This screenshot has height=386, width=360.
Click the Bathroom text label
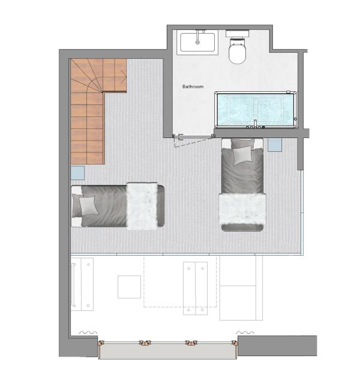pyautogui.click(x=193, y=86)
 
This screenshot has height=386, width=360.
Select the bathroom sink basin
pyautogui.click(x=197, y=42)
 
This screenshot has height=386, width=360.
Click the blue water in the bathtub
pyautogui.click(x=255, y=109)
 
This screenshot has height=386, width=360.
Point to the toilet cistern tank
pyautogui.click(x=238, y=34)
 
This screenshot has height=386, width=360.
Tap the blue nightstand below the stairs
pyautogui.click(x=77, y=173)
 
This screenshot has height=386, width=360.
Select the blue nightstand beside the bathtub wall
pyautogui.click(x=275, y=145)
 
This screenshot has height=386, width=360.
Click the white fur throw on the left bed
pyautogui.click(x=142, y=206)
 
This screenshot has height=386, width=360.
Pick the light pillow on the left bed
pyautogui.click(x=88, y=206)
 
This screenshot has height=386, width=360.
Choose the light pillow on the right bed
pyautogui.click(x=243, y=155)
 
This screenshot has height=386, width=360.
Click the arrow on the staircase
pyautogui.click(x=124, y=77)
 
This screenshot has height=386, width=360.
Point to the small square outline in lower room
pyautogui.click(x=129, y=287)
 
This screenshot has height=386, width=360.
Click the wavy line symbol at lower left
pyautogui.click(x=88, y=333)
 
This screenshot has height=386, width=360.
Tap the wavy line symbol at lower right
pyautogui.click(x=245, y=333)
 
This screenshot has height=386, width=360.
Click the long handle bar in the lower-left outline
pyautogui.click(x=74, y=285)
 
